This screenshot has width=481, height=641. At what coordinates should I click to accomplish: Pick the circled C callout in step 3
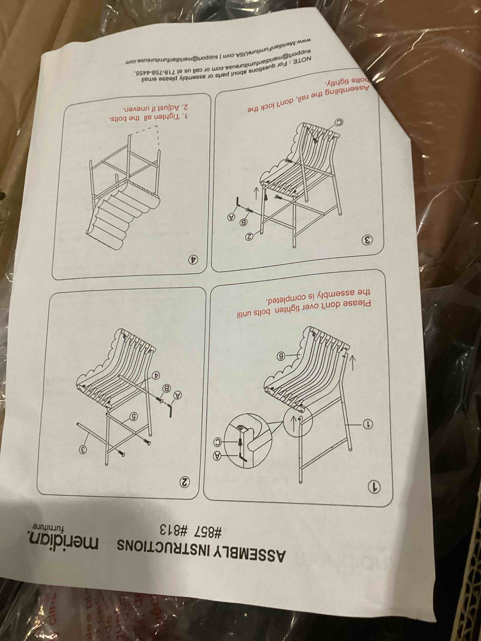pyautogui.click(x=338, y=123)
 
